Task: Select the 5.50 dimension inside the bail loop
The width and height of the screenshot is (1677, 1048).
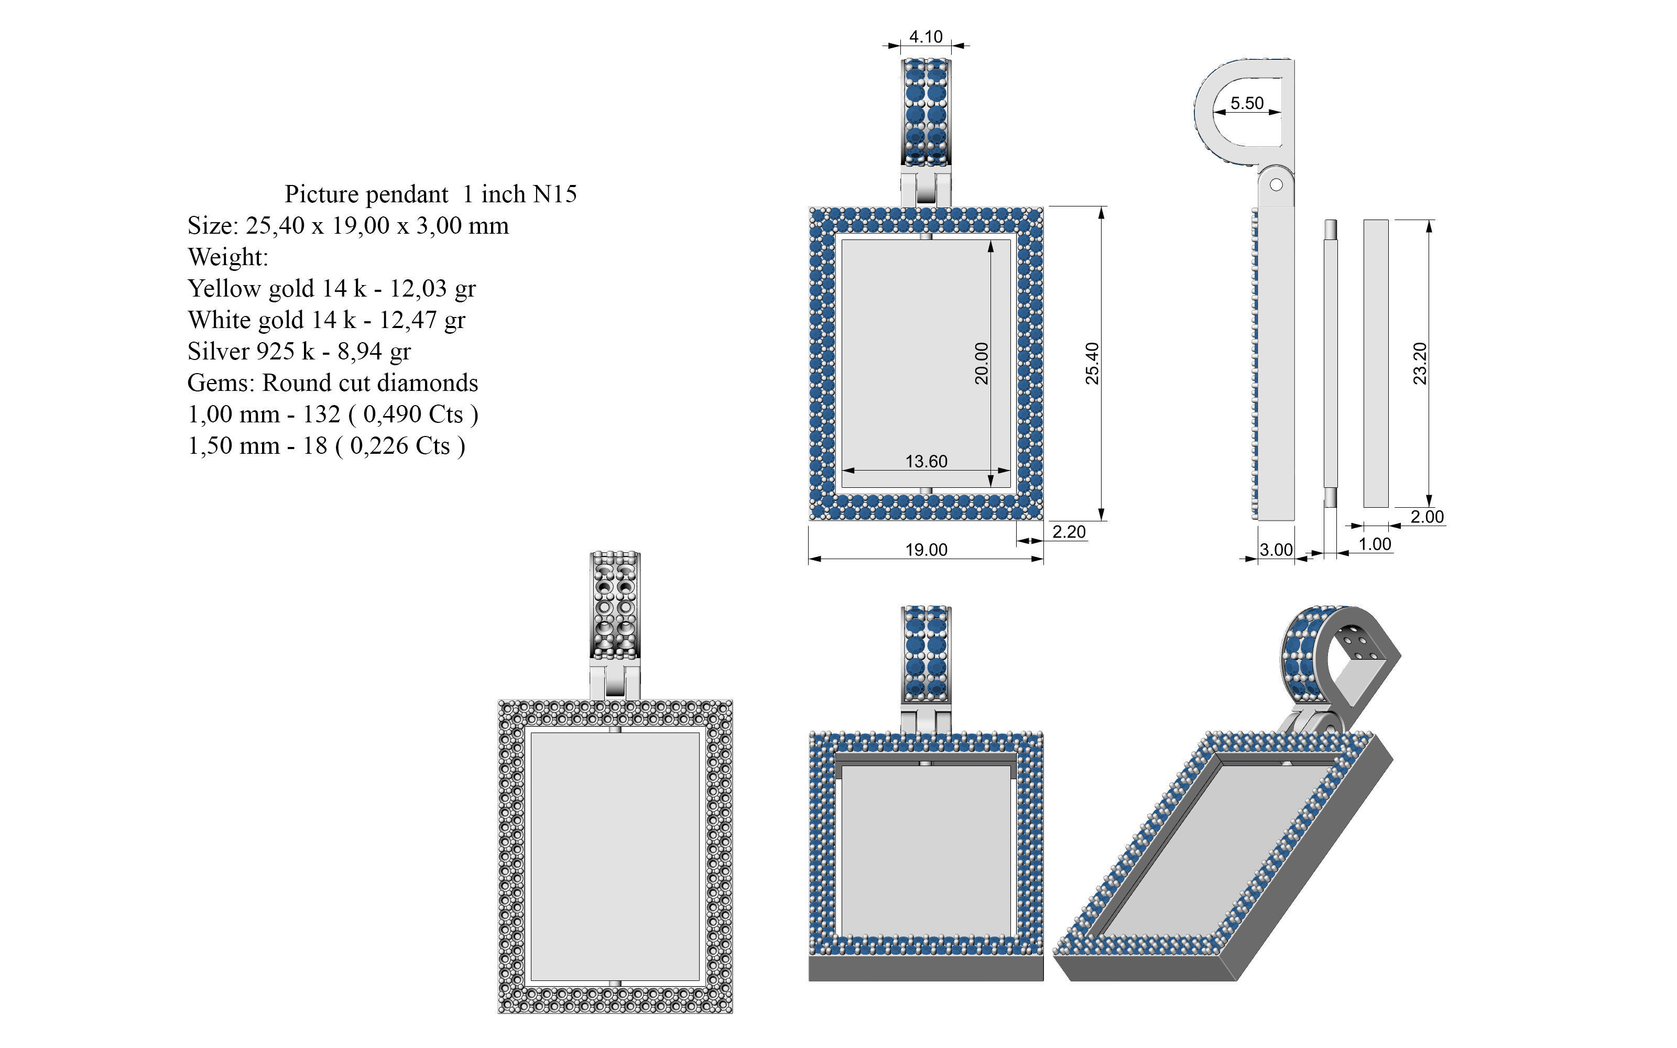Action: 1247,103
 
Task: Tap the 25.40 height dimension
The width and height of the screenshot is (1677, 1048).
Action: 1092,363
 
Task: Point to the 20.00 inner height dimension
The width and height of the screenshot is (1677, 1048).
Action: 981,363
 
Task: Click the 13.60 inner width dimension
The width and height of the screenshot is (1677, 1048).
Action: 926,462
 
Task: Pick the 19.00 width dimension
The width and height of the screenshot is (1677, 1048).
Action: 926,550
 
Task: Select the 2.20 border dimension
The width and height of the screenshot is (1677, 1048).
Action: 1069,532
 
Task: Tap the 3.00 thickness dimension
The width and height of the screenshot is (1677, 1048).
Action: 1276,550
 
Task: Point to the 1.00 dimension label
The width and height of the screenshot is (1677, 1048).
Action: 1375,544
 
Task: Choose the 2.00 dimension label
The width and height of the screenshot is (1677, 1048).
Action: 1427,516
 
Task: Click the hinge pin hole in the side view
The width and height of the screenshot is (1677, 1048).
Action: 1276,185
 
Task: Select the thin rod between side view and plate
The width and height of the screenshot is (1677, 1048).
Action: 1331,363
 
